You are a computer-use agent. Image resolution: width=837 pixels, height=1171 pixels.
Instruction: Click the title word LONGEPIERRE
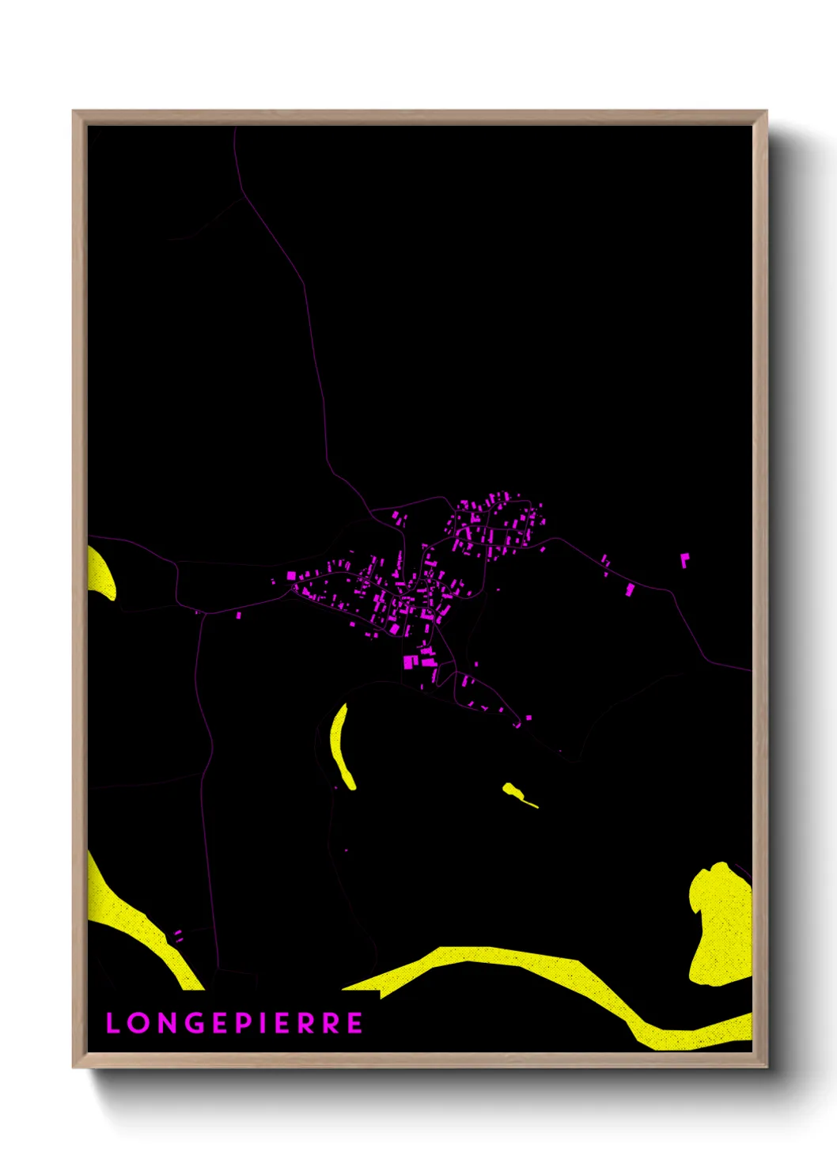tap(235, 1023)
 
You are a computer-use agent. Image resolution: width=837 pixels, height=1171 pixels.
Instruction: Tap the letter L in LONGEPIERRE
tap(112, 1023)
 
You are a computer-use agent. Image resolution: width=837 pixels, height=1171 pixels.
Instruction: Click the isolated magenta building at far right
tap(684, 559)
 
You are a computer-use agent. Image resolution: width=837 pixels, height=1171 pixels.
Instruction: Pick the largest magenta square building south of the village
tap(409, 661)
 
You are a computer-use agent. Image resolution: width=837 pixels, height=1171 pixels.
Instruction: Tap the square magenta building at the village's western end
tap(291, 575)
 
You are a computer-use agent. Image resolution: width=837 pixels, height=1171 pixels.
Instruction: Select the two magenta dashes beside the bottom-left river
tap(178, 936)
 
